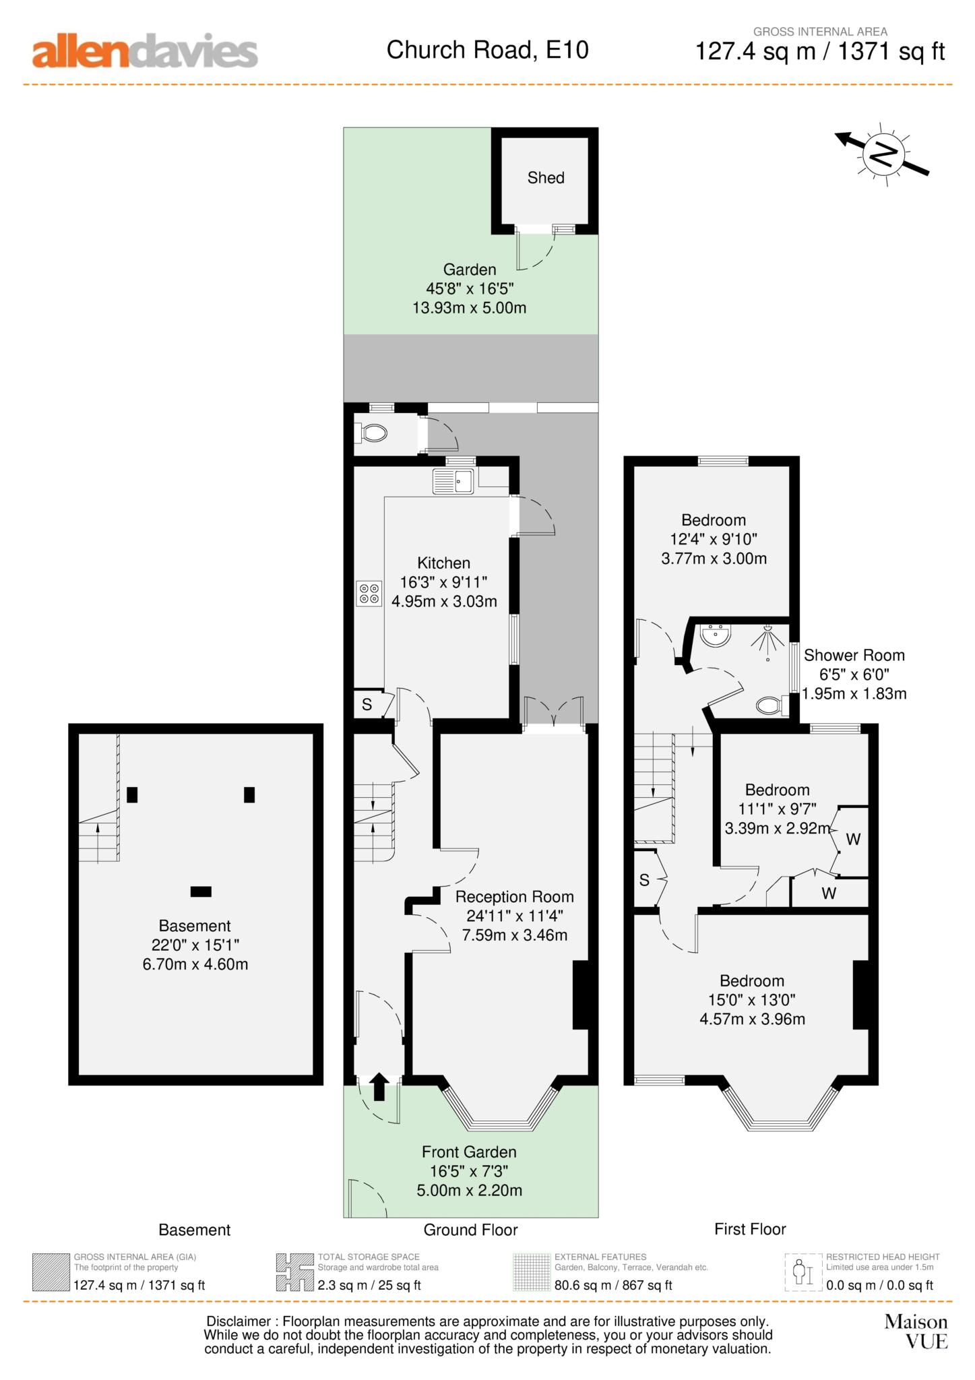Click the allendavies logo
tap(145, 52)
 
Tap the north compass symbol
tap(883, 154)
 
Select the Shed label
tap(545, 178)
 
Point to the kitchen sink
tap(453, 481)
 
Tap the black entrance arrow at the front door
tap(379, 1086)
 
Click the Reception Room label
tap(514, 897)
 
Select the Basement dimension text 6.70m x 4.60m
tap(195, 964)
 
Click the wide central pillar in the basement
tap(201, 891)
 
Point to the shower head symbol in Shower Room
tap(768, 637)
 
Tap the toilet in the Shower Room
tap(772, 705)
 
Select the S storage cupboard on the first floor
tap(645, 880)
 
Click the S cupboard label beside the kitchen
tap(367, 705)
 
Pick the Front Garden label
tap(469, 1152)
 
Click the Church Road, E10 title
tap(487, 50)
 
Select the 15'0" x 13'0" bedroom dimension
tap(751, 1000)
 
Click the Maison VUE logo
tap(916, 1331)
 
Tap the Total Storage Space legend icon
tap(294, 1272)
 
